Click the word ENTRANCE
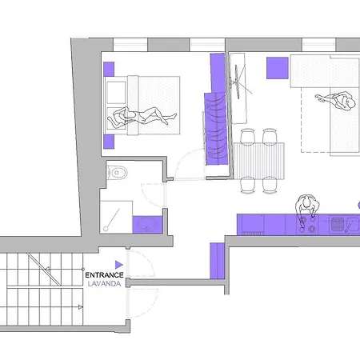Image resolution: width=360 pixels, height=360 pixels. point(104,275)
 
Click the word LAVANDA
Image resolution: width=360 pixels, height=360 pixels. point(104,284)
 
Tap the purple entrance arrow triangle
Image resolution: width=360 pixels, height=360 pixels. point(119,265)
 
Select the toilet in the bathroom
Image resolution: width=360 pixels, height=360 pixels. point(117,172)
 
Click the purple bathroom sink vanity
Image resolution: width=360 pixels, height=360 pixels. point(147,225)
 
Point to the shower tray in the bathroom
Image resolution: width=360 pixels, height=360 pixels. point(116,218)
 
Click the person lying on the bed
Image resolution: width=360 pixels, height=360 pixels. point(142,116)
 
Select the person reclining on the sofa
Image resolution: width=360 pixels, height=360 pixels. point(337,101)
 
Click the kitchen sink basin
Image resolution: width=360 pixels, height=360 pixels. point(338,224)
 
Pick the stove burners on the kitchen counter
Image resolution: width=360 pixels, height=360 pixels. point(307,224)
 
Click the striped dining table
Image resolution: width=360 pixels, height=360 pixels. point(258,160)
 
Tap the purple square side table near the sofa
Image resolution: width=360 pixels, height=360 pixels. point(278,68)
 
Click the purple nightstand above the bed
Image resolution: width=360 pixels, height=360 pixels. point(109,69)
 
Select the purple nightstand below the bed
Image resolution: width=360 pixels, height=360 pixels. point(109,142)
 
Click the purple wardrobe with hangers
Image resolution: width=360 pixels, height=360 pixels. point(216,129)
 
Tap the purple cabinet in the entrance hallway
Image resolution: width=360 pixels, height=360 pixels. point(217,261)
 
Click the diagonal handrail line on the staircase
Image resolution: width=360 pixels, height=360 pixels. point(44,270)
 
